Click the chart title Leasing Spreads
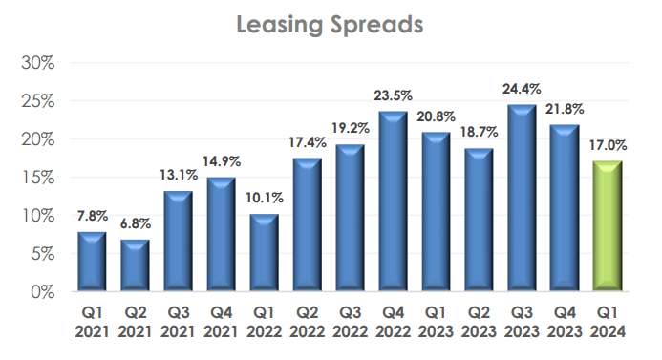(331, 25)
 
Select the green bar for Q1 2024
(609, 226)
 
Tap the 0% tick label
(41, 292)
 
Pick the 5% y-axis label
(41, 254)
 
